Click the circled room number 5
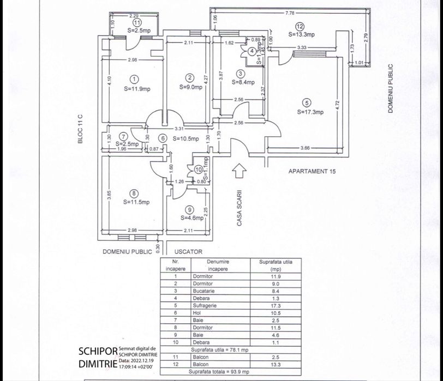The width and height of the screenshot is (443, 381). coord(307,102)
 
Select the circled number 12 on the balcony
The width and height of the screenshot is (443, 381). coord(299,26)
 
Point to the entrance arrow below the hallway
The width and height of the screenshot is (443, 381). coord(239,171)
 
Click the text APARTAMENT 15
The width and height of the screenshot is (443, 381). coord(312,171)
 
